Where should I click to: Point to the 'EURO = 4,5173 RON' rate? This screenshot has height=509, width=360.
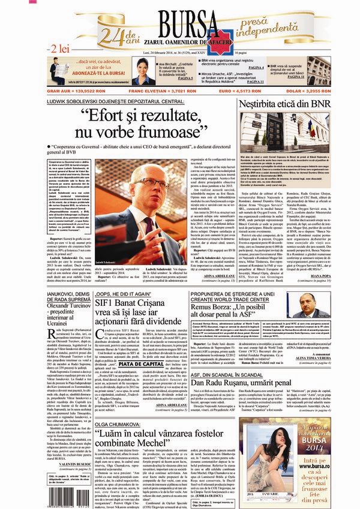click(x=239, y=91)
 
